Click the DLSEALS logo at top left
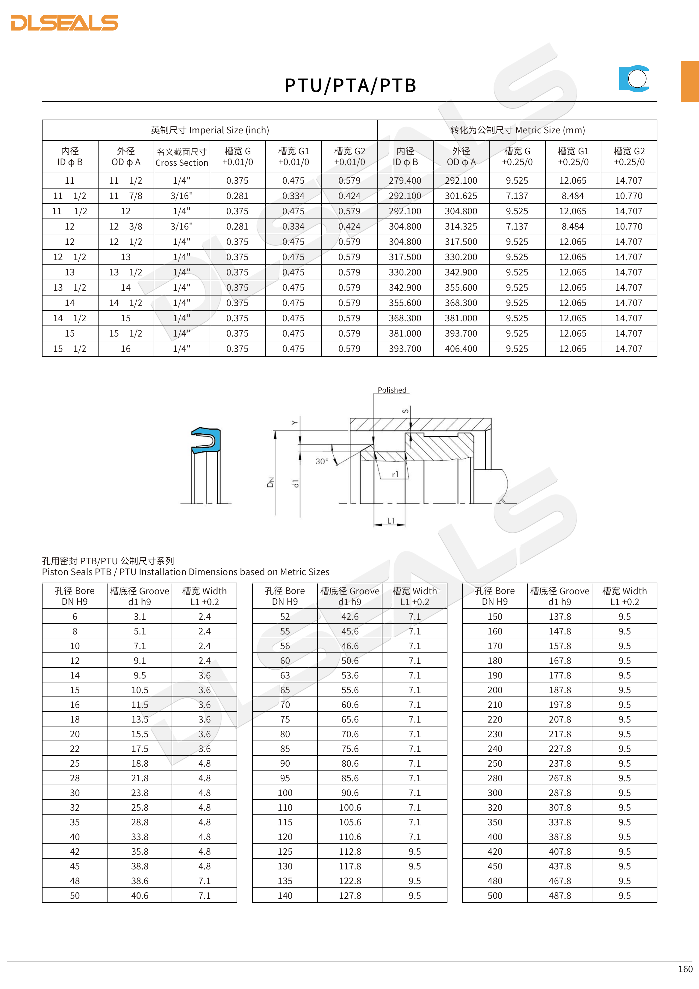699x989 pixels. [64, 23]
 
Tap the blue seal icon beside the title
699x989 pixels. [634, 79]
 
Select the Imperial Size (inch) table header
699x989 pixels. [210, 130]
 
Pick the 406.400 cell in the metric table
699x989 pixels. [461, 349]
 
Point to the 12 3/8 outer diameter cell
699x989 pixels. [126, 227]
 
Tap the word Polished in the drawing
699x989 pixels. [392, 390]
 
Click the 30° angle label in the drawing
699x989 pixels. [322, 461]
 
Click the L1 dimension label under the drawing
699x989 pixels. [391, 521]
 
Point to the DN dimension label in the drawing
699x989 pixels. [271, 483]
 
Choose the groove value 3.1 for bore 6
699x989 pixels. [140, 617]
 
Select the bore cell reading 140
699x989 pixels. [285, 895]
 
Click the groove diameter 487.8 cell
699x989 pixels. [559, 895]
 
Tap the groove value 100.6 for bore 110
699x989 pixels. [349, 808]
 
